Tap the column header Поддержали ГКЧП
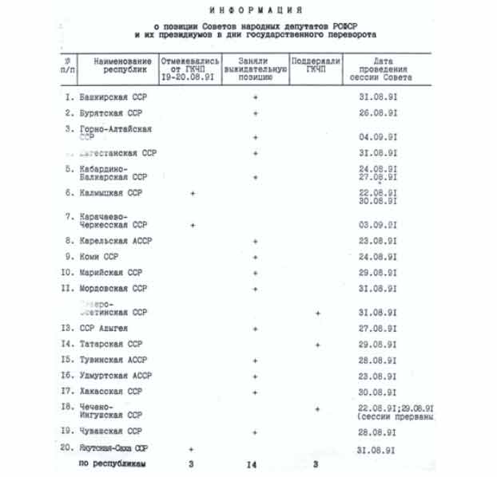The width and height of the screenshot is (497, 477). pos(316,65)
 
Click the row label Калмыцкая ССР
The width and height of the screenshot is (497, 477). pos(110,193)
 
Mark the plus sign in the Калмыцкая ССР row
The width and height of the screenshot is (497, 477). pos(192,193)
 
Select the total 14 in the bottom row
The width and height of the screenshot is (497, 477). pos(255,463)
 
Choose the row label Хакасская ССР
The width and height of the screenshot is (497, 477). pos(110,391)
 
